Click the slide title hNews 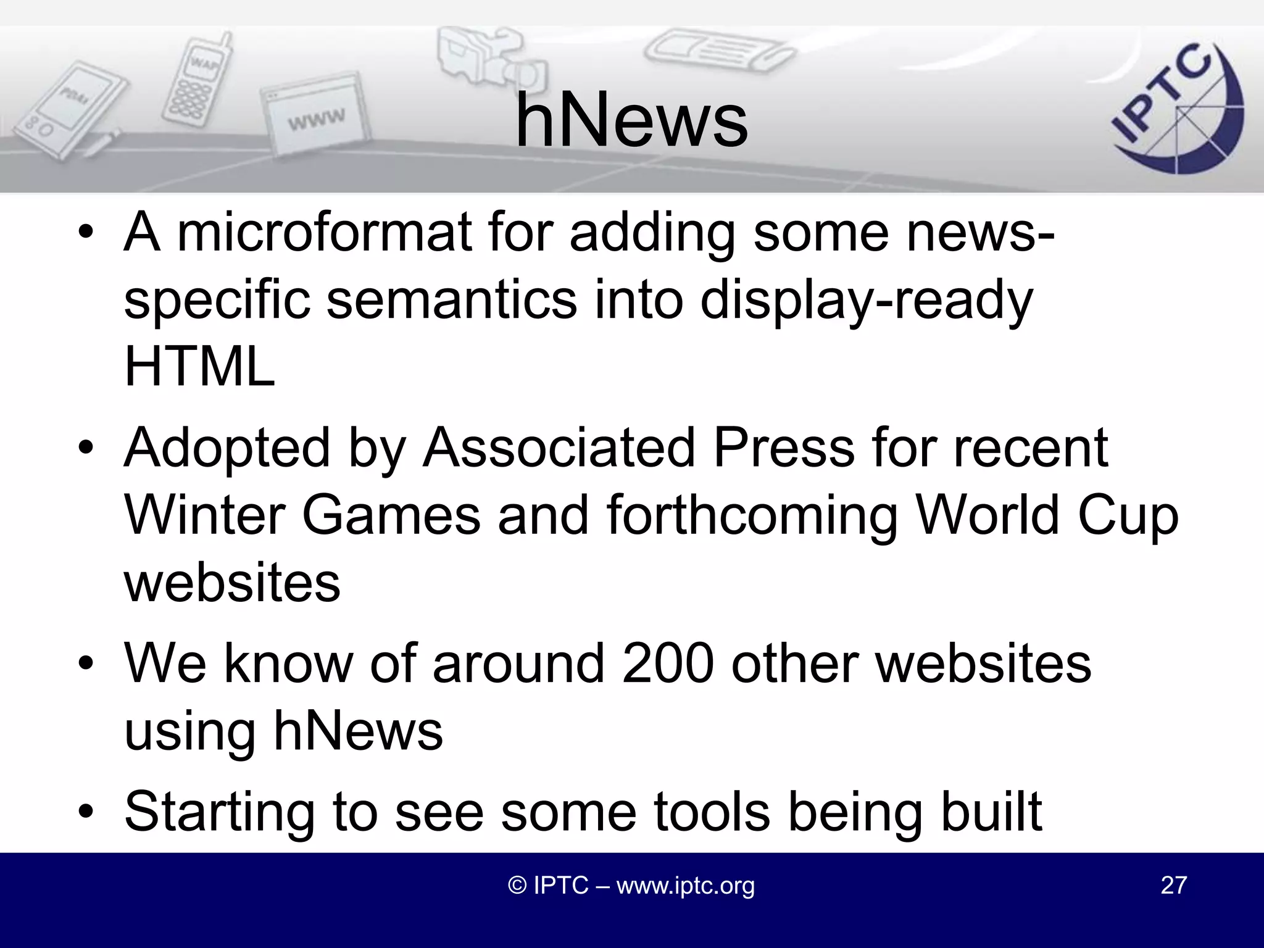pyautogui.click(x=631, y=120)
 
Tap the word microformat pyautogui.click(x=325, y=233)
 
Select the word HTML pyautogui.click(x=199, y=367)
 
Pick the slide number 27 pyautogui.click(x=1173, y=886)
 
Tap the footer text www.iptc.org pyautogui.click(x=685, y=886)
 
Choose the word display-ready pyautogui.click(x=867, y=301)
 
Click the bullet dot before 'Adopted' pyautogui.click(x=86, y=448)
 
